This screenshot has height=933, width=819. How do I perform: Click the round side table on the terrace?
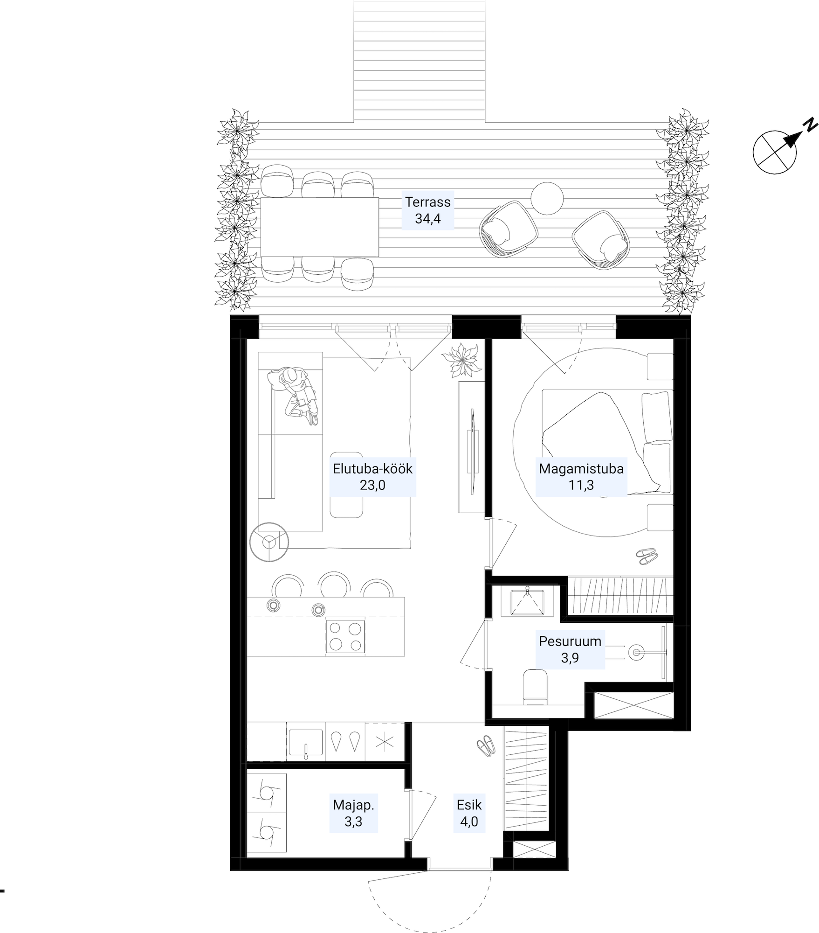click(x=547, y=198)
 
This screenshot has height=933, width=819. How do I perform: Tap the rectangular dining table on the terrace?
click(x=319, y=227)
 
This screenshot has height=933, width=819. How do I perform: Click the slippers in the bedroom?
click(x=647, y=556)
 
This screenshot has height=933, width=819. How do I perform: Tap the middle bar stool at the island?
click(x=334, y=585)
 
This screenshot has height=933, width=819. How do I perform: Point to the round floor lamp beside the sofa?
click(x=268, y=542)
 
